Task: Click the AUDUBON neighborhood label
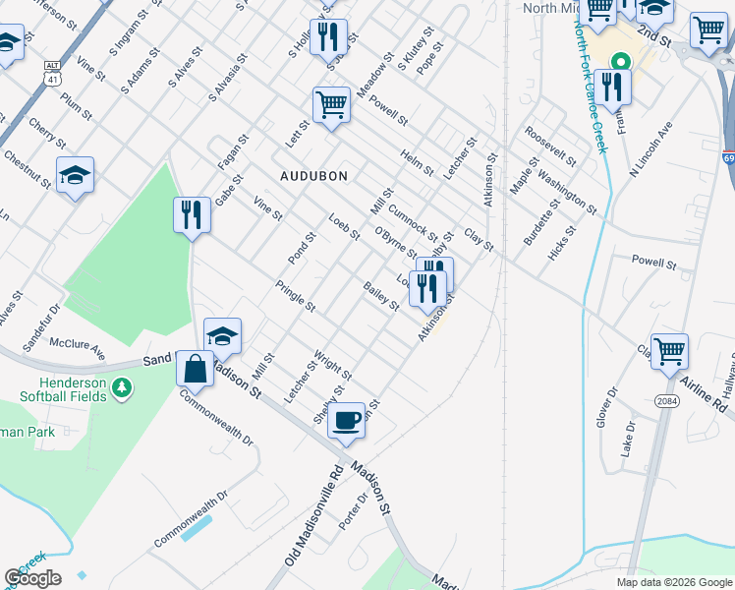pos(313,176)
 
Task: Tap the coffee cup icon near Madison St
pos(346,421)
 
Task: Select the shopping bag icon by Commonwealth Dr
pos(196,369)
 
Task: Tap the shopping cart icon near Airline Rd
pos(669,351)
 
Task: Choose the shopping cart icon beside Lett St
pos(332,103)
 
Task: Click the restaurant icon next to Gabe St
pos(192,214)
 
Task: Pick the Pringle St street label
pos(295,296)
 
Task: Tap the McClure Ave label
pos(78,347)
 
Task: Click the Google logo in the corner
pos(32,578)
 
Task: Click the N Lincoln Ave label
pos(651,150)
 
